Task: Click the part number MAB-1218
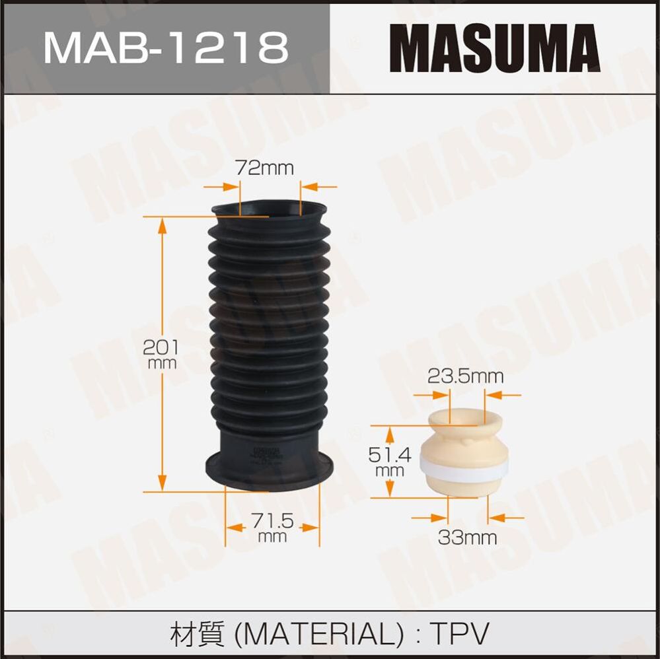coord(165,47)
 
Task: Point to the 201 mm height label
coord(161,353)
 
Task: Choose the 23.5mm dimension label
coord(465,376)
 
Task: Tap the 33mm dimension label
coord(467,538)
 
